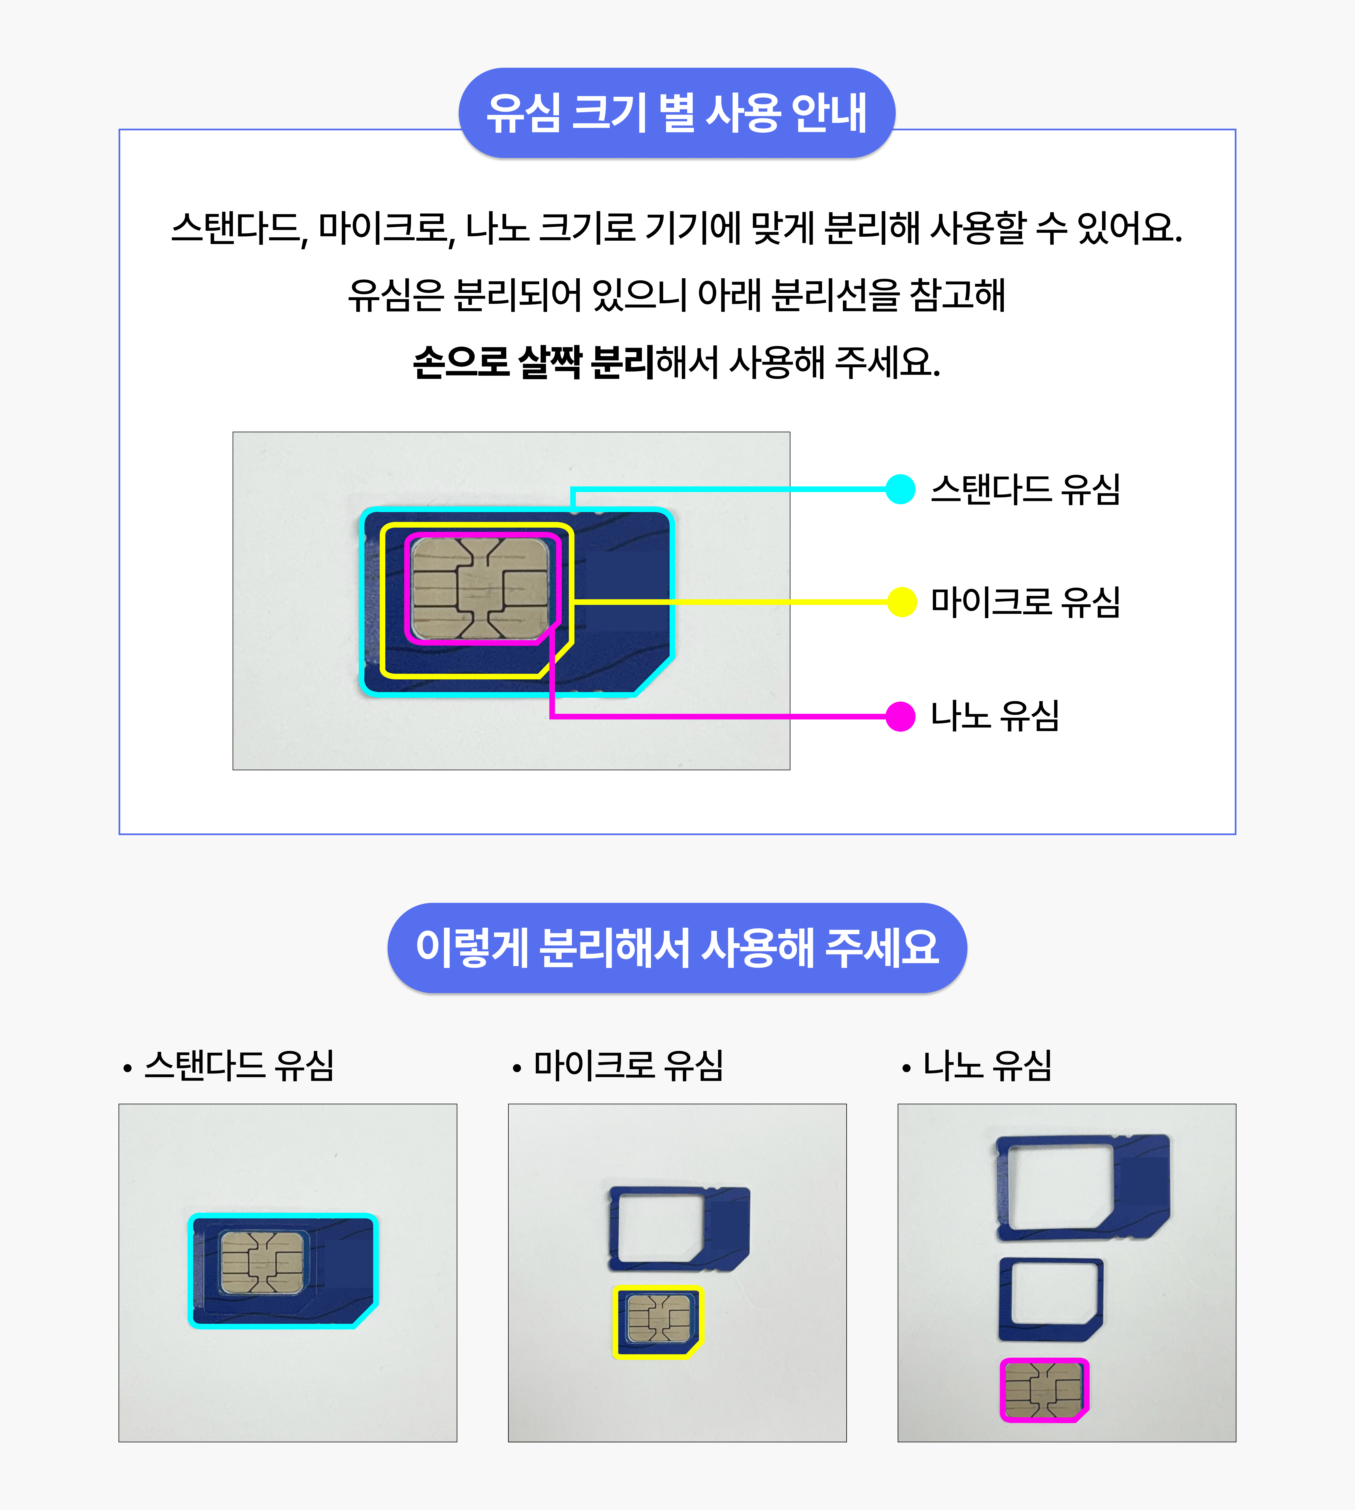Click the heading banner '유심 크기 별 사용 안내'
(x=677, y=113)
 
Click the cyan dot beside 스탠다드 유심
(x=900, y=489)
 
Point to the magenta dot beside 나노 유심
(x=900, y=716)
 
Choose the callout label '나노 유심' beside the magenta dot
(x=995, y=716)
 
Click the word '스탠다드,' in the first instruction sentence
(x=240, y=229)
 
